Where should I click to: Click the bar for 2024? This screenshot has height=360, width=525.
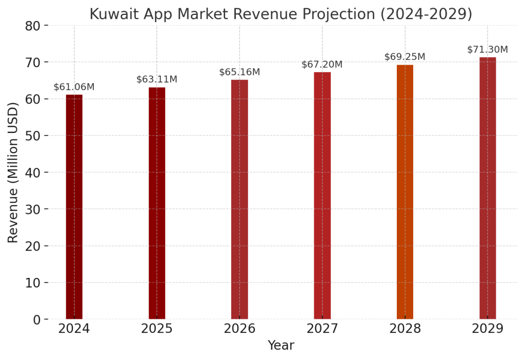point(74,207)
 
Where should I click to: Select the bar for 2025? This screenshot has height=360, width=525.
point(157,203)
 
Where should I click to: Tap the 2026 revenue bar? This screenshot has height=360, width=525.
point(239,199)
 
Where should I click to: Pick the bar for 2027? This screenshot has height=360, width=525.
point(322,195)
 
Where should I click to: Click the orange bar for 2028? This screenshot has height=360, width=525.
point(405,192)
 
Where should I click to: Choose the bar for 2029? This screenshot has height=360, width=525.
point(488,188)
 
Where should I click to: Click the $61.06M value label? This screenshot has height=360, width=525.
point(74,87)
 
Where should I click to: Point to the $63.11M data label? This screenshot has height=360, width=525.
point(157,79)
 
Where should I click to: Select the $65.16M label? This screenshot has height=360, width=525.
point(239,72)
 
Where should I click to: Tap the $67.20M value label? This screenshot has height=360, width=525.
point(322,65)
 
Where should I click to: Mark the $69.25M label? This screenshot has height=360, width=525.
point(405,57)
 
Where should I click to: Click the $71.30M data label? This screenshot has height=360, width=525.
point(488,50)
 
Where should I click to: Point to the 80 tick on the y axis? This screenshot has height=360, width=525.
point(33,26)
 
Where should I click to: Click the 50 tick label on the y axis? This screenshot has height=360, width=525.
point(33,136)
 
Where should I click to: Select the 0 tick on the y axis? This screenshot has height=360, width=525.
point(37,319)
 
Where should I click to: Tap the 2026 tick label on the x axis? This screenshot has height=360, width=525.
point(239,329)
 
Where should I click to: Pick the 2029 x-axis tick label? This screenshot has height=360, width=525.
point(488,329)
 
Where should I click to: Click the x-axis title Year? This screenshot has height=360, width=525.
point(281,346)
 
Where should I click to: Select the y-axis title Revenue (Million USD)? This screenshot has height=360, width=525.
point(13,172)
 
